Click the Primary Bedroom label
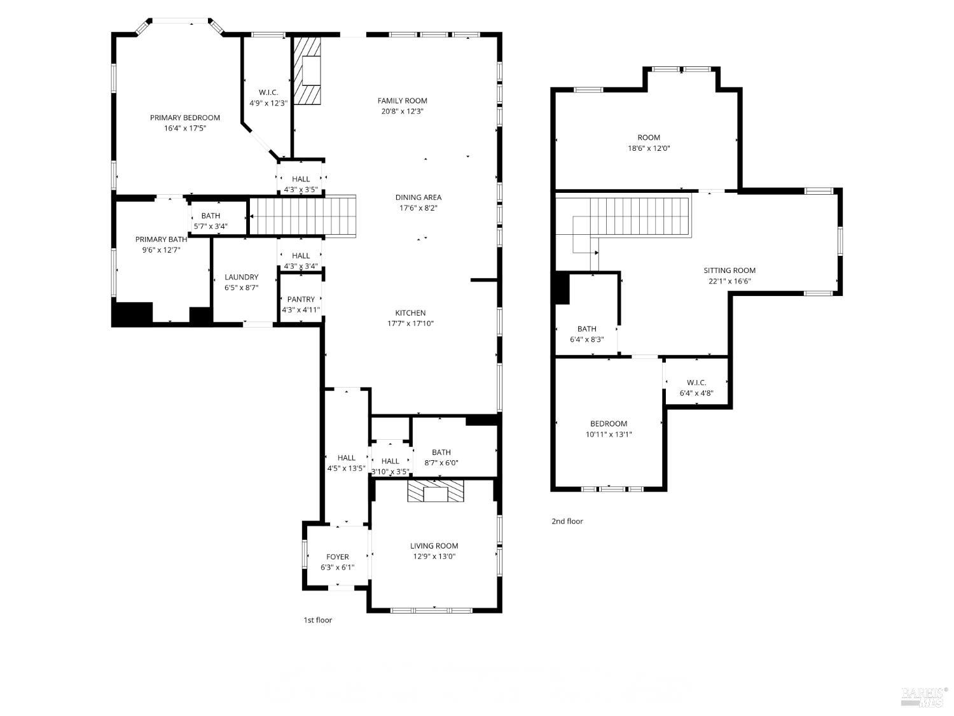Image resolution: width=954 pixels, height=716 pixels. [184, 118]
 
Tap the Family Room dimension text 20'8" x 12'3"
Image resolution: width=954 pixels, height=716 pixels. [402, 111]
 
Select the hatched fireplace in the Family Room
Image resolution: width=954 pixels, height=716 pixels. [308, 70]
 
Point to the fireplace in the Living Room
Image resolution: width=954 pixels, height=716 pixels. [436, 492]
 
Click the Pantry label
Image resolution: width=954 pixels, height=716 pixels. [301, 299]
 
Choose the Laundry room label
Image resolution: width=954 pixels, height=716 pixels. [241, 277]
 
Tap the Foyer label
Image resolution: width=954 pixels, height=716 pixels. [337, 557]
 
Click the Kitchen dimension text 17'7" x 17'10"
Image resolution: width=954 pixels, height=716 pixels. [410, 323]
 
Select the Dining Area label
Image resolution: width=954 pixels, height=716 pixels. [418, 197]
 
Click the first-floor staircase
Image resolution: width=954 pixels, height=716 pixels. [301, 216]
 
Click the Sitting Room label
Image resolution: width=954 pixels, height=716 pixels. [729, 270]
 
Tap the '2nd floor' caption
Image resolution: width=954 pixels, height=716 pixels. [567, 521]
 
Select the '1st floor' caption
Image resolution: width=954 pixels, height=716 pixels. [317, 620]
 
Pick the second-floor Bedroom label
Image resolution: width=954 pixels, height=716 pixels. [608, 424]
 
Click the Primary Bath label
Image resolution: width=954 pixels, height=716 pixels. [161, 239]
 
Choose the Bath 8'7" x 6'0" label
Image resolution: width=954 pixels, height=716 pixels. [441, 453]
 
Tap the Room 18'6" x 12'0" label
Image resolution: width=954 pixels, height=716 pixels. [648, 137]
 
